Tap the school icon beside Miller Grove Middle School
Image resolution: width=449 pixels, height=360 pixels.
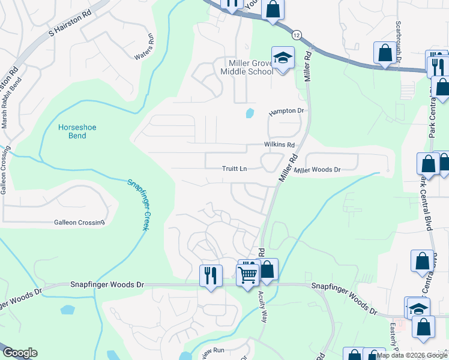pos(280,58)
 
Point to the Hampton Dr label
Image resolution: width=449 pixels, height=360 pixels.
pos(287,112)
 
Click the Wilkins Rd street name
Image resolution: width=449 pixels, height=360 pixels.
pos(279,145)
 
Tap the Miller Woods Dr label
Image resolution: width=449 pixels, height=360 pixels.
pos(317,170)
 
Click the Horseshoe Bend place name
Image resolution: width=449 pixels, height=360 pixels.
pos(77,131)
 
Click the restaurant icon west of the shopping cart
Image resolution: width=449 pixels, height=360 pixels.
pos(211,275)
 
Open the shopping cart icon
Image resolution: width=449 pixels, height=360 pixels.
pos(248,275)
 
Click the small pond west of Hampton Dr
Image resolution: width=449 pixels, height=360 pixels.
pos(249,113)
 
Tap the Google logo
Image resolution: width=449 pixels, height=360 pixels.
pos(19,353)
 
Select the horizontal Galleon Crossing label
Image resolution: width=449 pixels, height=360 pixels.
pos(79,223)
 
